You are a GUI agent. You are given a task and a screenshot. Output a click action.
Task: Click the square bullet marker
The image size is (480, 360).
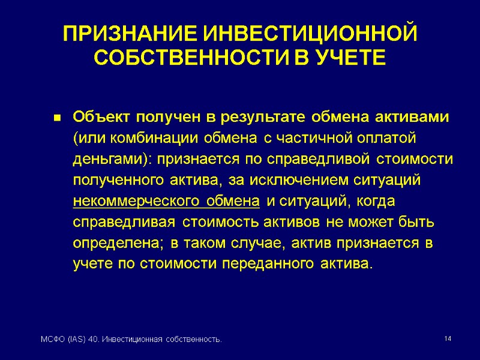click(58, 116)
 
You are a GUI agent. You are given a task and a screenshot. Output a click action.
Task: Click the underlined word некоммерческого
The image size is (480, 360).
click(120, 200)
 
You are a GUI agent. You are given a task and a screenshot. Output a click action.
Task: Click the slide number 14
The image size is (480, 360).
click(447, 340)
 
